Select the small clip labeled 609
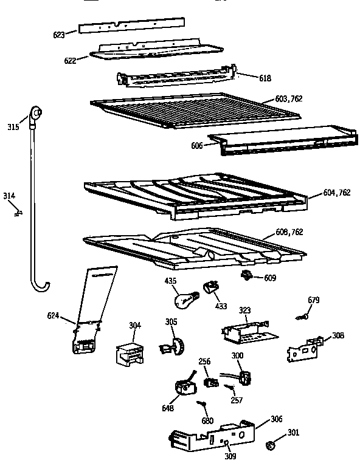tap(247, 276)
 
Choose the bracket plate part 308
tap(304, 351)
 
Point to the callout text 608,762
tap(289, 232)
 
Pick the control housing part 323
tap(244, 329)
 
